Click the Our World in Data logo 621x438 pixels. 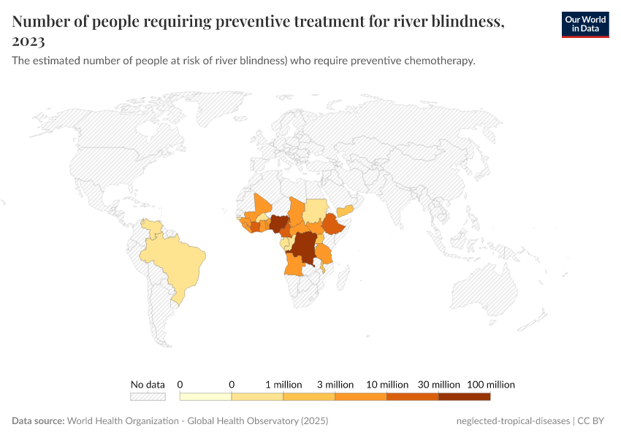(x=584, y=24)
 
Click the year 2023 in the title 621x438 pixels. (x=28, y=41)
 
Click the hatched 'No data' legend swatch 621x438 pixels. (x=148, y=396)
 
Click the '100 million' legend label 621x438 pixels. (x=490, y=384)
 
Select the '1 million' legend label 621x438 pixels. (x=283, y=384)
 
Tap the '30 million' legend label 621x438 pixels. (x=438, y=384)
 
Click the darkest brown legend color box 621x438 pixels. (x=464, y=396)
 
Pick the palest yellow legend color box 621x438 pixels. (x=205, y=396)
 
